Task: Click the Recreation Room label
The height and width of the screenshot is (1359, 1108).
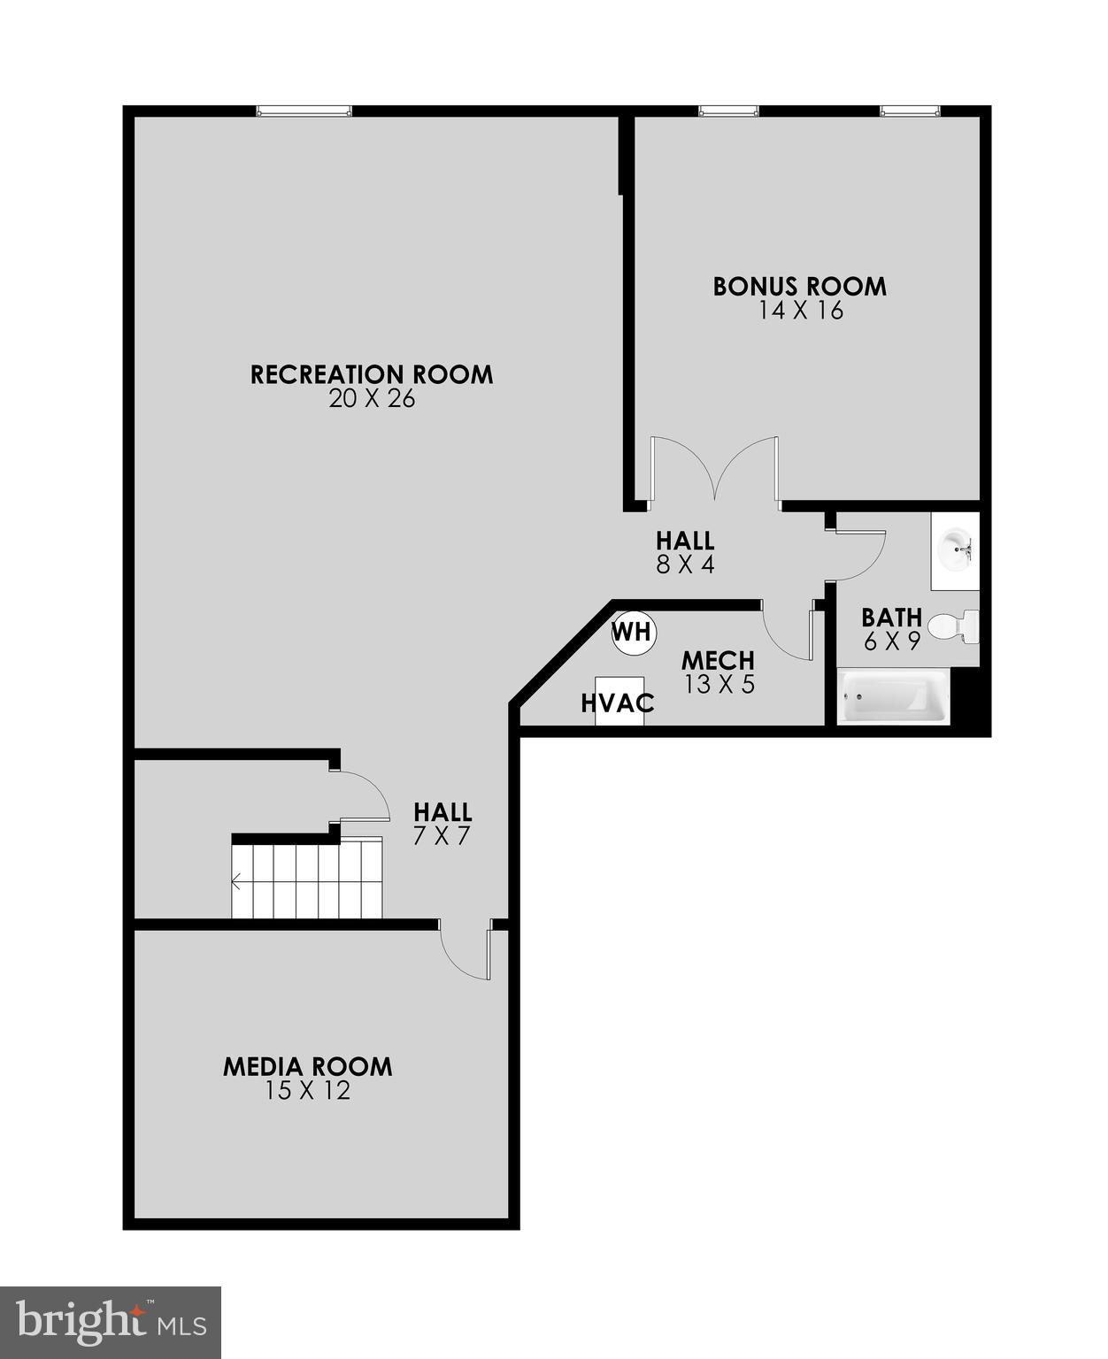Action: pyautogui.click(x=372, y=374)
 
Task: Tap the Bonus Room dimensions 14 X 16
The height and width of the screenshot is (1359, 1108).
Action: pyautogui.click(x=800, y=311)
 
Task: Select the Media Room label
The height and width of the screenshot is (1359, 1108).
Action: pyautogui.click(x=307, y=1066)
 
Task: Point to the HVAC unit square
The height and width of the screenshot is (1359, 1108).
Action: pyautogui.click(x=619, y=702)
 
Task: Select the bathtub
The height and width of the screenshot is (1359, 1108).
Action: pyautogui.click(x=893, y=697)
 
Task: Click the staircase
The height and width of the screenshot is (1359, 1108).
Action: pyautogui.click(x=307, y=879)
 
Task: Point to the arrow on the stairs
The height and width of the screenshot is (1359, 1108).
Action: pyautogui.click(x=238, y=881)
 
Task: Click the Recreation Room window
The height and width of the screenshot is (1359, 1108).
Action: pyautogui.click(x=304, y=111)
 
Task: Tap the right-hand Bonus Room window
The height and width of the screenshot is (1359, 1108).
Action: pyautogui.click(x=910, y=111)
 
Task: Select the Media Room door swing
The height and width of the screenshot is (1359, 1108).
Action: pyautogui.click(x=467, y=950)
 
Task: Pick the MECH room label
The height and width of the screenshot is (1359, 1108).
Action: pyautogui.click(x=718, y=660)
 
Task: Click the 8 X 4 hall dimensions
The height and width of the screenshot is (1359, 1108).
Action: pyautogui.click(x=685, y=564)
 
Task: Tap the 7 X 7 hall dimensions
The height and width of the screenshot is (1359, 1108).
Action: pyautogui.click(x=442, y=836)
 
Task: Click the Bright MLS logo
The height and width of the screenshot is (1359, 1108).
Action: pyautogui.click(x=111, y=1322)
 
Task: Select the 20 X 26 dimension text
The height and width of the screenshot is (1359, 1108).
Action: pyautogui.click(x=372, y=399)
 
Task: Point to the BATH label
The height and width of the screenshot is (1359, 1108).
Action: pyautogui.click(x=892, y=617)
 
